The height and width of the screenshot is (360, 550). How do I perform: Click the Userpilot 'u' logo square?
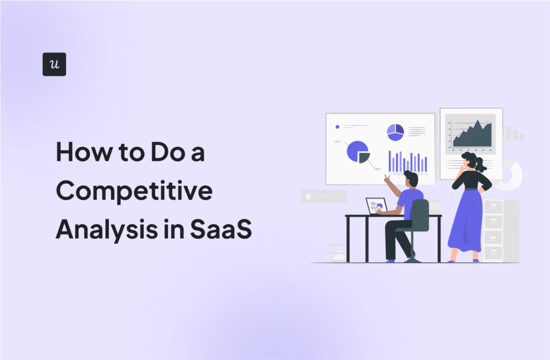coord(54,64)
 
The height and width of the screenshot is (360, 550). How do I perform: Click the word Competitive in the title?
coord(134,192)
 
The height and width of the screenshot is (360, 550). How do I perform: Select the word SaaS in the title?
coord(221,229)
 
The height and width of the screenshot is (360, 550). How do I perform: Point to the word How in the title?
coord(83,152)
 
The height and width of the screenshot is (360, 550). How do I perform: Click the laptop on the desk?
coord(377,206)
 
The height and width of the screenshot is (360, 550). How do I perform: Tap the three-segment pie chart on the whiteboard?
coord(395,132)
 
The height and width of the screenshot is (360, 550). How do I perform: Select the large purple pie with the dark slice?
coord(358,152)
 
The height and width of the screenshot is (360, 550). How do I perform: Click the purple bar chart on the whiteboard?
coord(408,162)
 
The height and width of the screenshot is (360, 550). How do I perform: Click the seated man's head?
coord(411,178)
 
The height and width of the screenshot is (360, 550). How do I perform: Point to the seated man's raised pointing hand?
coord(387,179)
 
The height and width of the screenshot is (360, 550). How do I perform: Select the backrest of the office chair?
coord(420,215)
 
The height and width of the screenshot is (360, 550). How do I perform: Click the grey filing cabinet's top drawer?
coord(493,207)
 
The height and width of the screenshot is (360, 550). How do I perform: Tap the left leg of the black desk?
coord(348,239)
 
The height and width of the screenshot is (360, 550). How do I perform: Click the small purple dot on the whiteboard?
coord(337,127)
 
